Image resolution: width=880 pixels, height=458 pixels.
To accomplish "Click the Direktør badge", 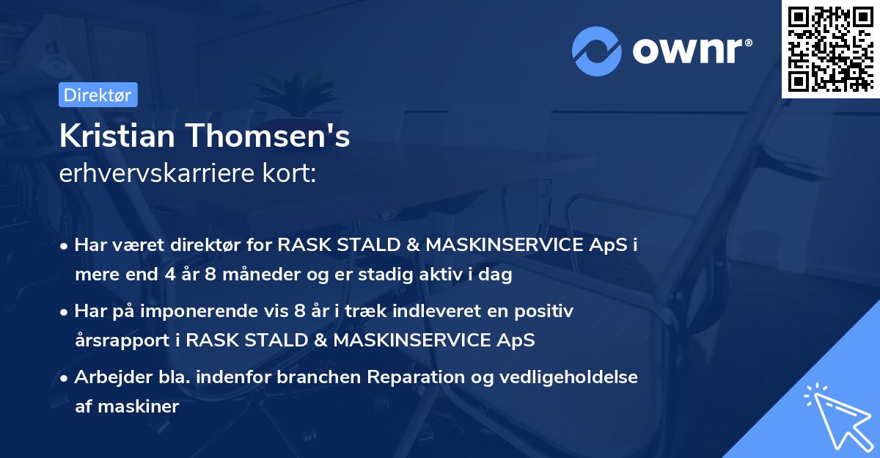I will coord(98,95).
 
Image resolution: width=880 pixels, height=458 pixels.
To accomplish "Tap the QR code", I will coord(830,49).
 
